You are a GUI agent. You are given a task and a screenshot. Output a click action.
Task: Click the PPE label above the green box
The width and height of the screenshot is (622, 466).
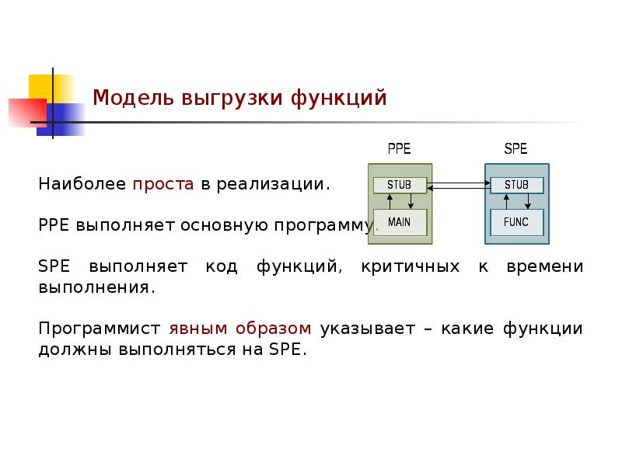399,149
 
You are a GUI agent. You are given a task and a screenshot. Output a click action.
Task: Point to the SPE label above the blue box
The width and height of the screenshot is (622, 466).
515,149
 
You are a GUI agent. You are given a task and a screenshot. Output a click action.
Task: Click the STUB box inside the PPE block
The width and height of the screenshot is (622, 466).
399,185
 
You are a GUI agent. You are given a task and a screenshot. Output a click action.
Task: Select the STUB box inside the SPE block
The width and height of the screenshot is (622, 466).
516,185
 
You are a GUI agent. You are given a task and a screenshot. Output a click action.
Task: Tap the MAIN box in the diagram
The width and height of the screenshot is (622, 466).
399,222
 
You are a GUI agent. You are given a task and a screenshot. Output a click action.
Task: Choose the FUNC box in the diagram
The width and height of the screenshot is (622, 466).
516,222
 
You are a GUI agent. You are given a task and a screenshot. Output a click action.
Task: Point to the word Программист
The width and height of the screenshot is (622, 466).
100,329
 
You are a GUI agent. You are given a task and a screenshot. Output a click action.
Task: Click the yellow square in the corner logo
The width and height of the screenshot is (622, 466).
43,87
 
